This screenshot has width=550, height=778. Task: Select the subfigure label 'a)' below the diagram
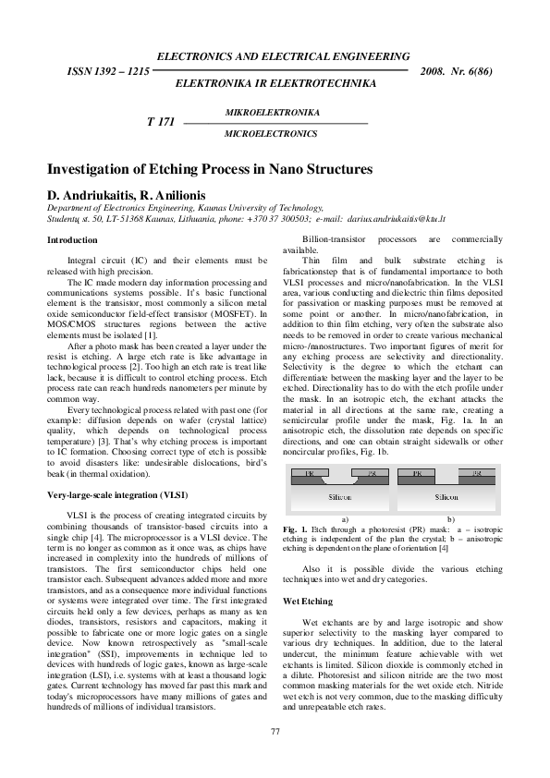point(344,519)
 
